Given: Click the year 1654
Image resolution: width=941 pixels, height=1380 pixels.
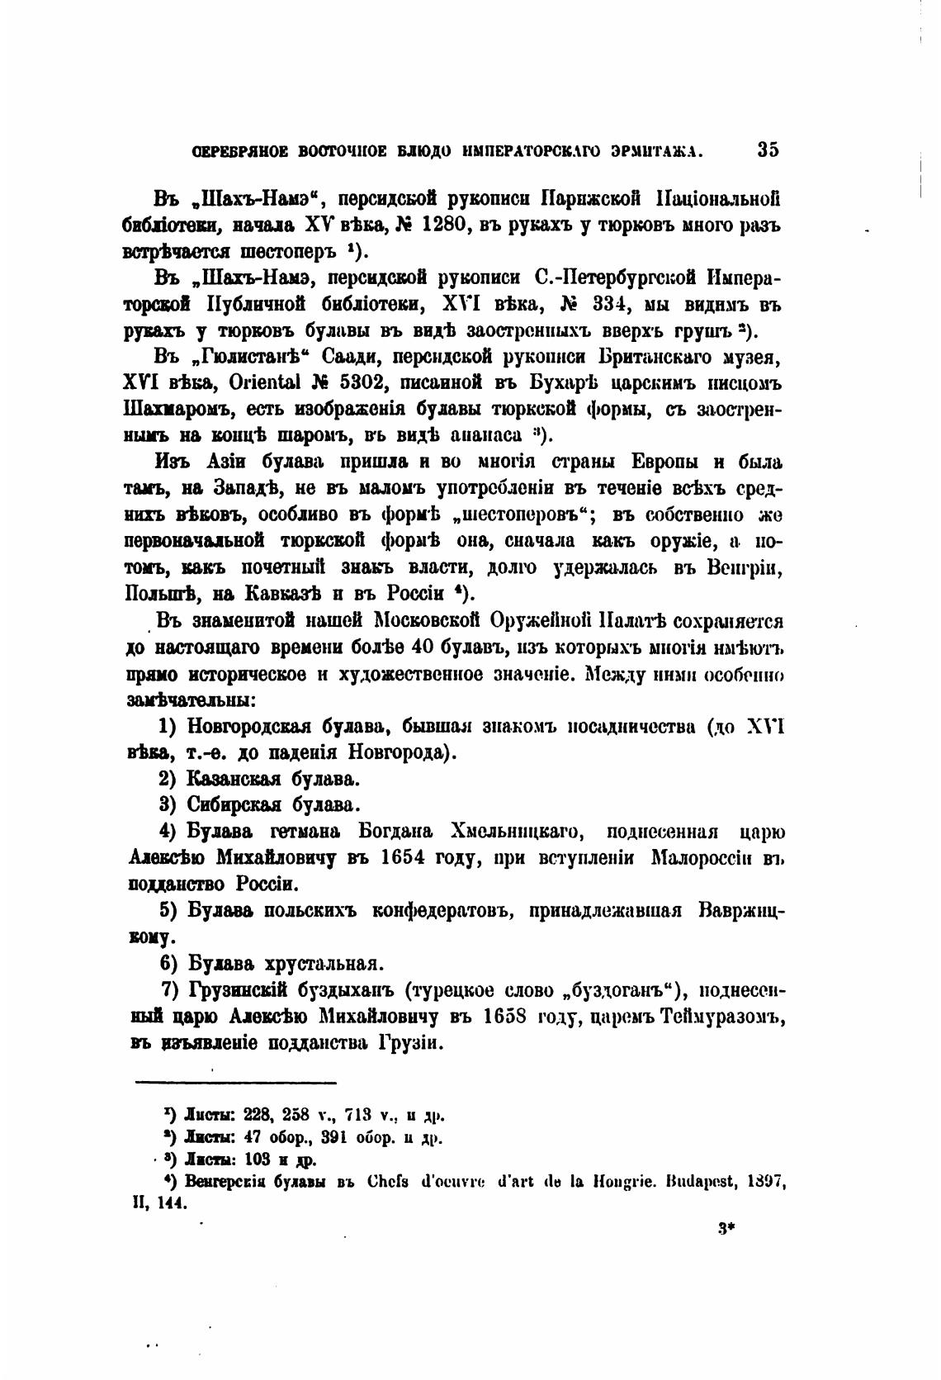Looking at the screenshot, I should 404,857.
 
